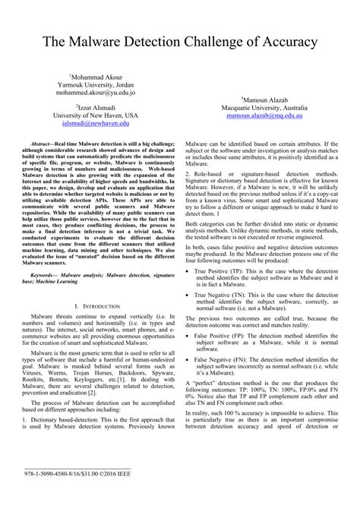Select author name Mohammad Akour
tap(100, 77)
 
